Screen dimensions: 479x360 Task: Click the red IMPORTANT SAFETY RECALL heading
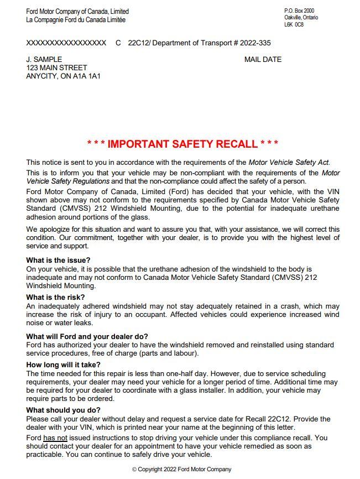182,144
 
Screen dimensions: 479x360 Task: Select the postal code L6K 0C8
294,25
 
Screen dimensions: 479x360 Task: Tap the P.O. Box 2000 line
299,11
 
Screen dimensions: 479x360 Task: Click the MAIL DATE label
263,60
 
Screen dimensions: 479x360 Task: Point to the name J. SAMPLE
44,60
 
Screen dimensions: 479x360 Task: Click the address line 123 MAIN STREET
57,68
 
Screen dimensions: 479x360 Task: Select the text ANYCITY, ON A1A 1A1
64,76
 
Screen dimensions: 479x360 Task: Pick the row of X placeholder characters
66,43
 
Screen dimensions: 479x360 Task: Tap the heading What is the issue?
59,260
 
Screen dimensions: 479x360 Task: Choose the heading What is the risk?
56,298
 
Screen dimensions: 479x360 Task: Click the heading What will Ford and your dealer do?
87,336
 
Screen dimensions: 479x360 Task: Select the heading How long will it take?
64,365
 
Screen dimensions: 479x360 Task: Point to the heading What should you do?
64,410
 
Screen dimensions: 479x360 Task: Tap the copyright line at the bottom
182,469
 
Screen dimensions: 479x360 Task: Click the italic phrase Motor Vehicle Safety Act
289,163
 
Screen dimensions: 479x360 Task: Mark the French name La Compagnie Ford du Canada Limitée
76,20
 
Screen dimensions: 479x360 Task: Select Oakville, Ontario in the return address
301,18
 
